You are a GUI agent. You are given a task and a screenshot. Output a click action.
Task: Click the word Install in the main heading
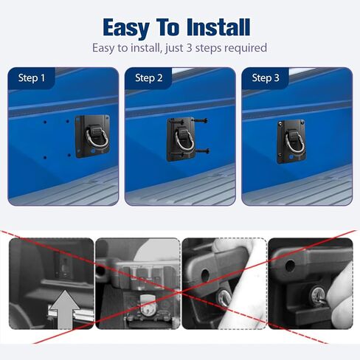pos(218,27)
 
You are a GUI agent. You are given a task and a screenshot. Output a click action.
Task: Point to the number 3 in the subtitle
pos(189,47)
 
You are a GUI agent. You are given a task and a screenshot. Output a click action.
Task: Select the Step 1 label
pos(32,78)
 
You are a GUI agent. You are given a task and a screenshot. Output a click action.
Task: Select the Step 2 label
pos(149,78)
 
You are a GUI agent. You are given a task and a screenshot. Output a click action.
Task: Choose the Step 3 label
pos(266,78)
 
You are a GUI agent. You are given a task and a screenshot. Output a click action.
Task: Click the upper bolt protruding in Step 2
pos(201,120)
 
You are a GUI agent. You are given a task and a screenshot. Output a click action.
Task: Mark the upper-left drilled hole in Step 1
pos(45,122)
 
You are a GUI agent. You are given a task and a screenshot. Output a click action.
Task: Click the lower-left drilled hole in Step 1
pos(45,158)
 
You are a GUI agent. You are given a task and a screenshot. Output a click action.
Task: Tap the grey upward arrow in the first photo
pos(64,310)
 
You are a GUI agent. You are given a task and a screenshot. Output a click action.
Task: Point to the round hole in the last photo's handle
pos(290,266)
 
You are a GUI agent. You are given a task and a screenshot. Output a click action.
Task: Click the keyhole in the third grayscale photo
pos(224,297)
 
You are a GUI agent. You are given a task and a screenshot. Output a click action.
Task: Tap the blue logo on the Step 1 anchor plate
pos(94,150)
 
